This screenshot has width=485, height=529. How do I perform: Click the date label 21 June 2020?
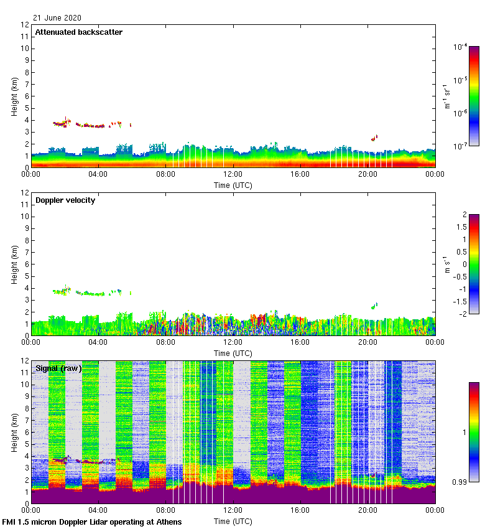click(x=57, y=18)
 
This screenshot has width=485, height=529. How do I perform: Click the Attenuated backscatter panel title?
click(x=78, y=32)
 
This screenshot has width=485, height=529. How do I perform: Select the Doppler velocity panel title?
click(x=65, y=200)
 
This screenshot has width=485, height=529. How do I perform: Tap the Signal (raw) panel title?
click(x=58, y=368)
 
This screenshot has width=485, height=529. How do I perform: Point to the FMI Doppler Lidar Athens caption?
click(x=92, y=522)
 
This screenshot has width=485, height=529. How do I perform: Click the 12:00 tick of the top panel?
click(x=233, y=174)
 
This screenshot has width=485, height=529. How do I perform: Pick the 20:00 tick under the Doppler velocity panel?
click(x=367, y=342)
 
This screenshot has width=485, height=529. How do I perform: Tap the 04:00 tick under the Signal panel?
click(x=98, y=510)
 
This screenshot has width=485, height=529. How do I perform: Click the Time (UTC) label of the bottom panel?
click(x=233, y=521)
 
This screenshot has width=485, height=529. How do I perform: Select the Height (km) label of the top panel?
click(x=14, y=96)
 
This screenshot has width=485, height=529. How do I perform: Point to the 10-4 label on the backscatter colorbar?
click(x=461, y=47)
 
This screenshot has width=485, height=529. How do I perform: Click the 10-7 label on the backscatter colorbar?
click(x=461, y=146)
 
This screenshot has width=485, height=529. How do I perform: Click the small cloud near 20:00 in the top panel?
click(x=374, y=138)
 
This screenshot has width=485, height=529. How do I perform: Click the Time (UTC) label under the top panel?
click(x=233, y=185)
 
